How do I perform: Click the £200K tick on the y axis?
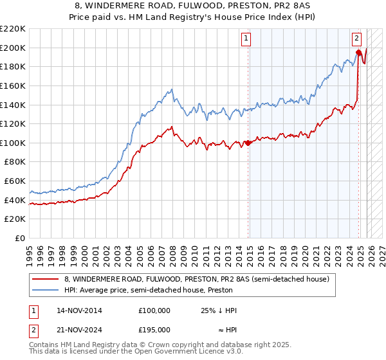pos(13,48)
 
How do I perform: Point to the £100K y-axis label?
pos(13,143)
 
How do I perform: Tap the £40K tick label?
pos(15,200)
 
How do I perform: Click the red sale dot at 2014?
pos(248,143)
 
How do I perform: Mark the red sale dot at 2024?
pos(358,52)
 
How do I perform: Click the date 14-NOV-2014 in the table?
pos(79,310)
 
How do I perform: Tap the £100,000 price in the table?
pos(154,310)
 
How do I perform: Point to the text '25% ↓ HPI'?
pos(219,310)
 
